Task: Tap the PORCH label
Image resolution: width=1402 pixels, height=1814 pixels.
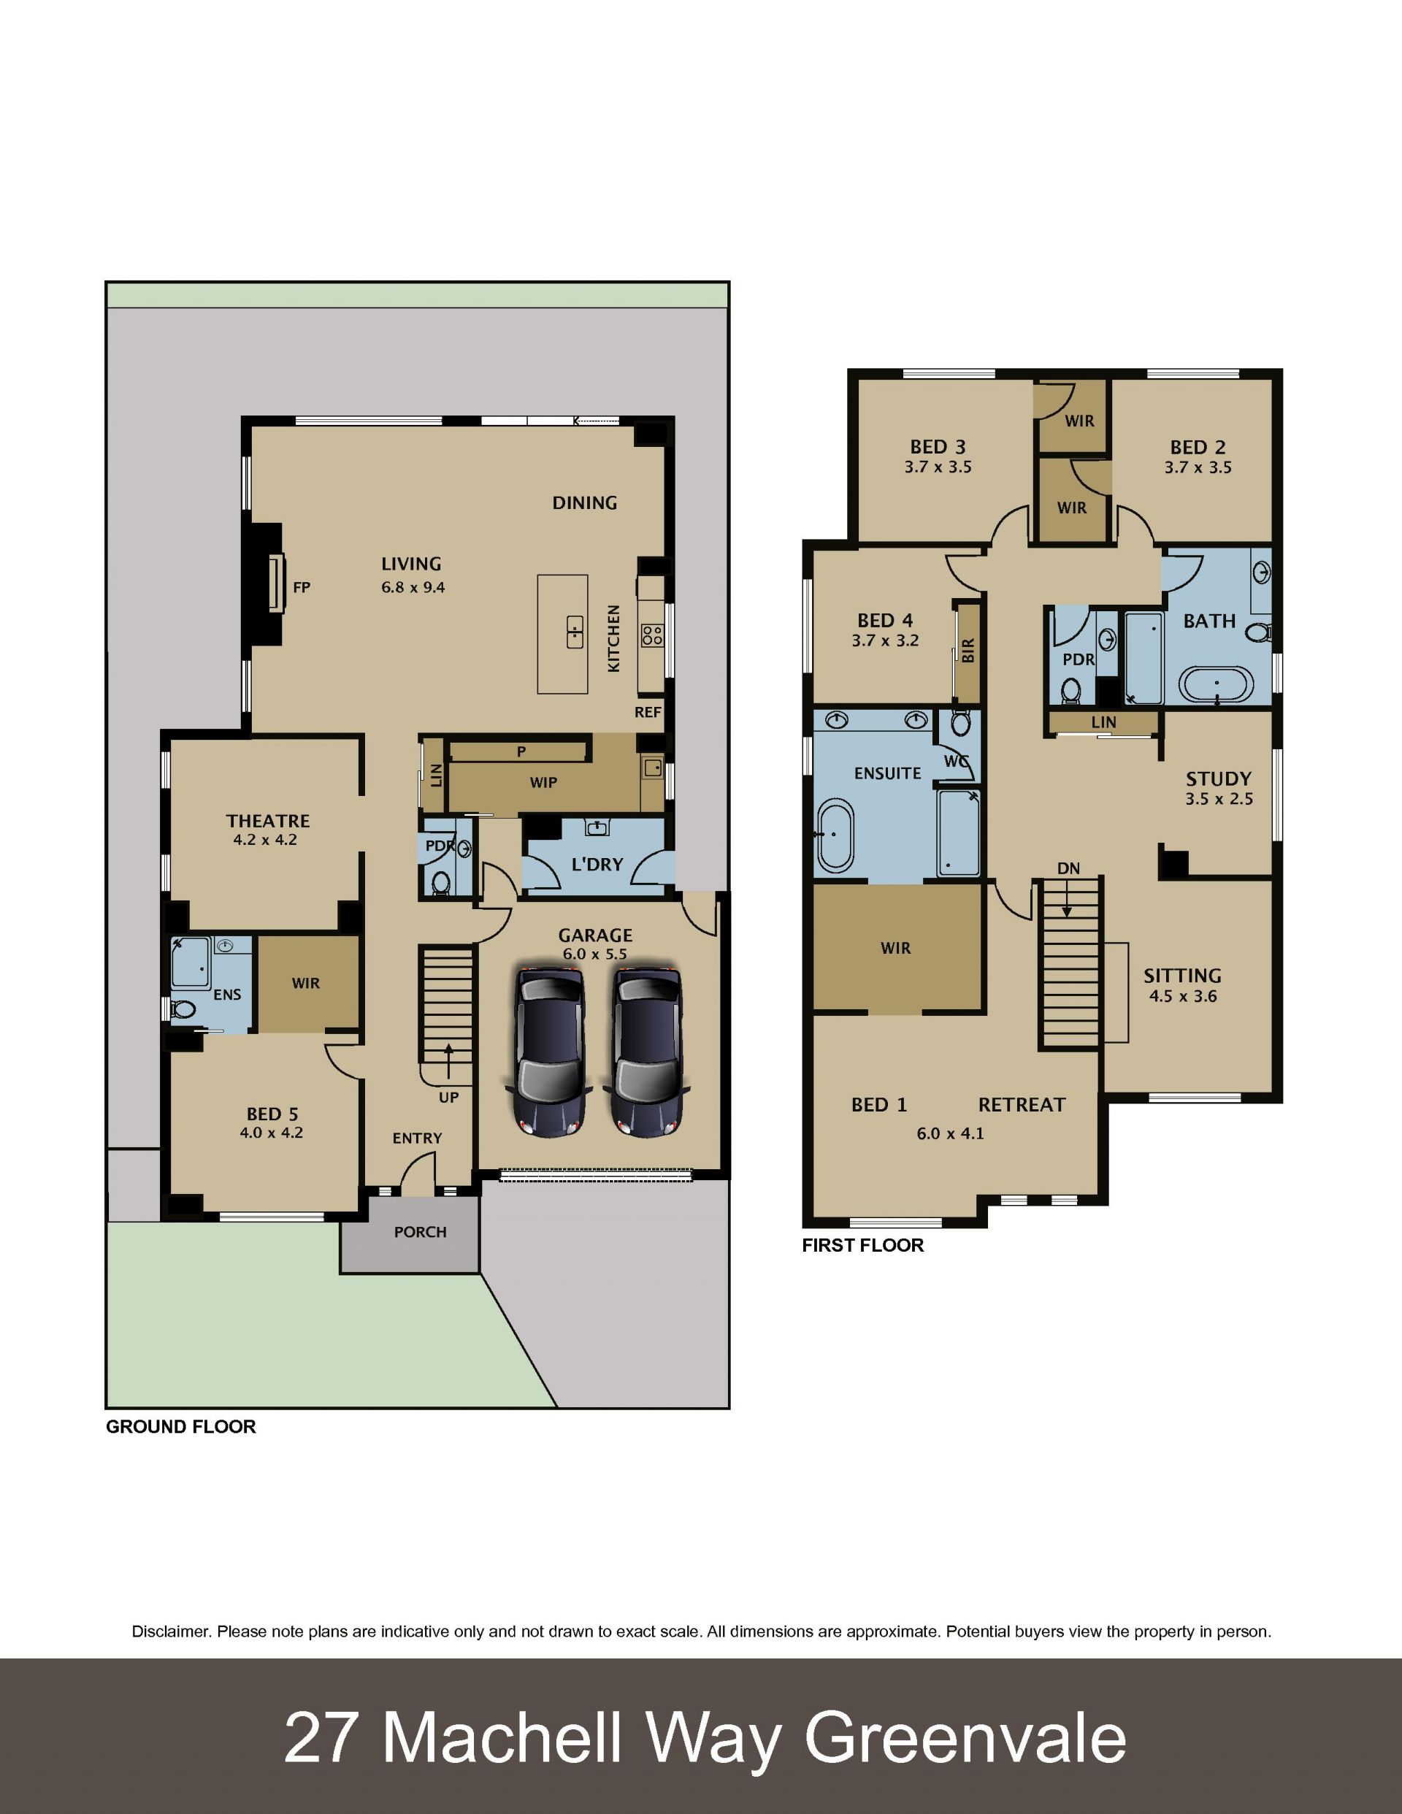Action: tap(421, 1232)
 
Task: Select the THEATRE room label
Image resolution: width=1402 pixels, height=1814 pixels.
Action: tap(267, 821)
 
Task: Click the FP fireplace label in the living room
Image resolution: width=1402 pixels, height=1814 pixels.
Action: tap(302, 587)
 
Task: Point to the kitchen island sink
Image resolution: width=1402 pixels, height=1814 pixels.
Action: tap(575, 632)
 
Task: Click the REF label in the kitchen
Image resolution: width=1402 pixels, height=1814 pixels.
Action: tap(648, 712)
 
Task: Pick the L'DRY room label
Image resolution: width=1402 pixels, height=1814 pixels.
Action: tap(597, 865)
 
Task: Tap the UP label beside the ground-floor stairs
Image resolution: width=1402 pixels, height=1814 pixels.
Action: tap(448, 1097)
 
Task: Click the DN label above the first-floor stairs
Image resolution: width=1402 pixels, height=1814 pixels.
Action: tap(1068, 868)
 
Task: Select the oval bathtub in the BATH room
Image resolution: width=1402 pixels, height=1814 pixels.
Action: tap(1217, 684)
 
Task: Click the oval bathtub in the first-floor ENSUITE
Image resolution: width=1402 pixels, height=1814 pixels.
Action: tap(835, 835)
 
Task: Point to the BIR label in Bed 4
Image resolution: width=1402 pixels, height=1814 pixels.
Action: tap(968, 651)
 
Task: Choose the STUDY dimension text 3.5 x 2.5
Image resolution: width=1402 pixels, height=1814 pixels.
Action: tap(1219, 799)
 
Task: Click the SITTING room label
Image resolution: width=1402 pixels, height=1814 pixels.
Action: tap(1182, 976)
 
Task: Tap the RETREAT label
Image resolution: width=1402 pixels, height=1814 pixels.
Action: tap(1022, 1105)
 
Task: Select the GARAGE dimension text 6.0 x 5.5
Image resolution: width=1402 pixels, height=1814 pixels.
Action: tap(594, 954)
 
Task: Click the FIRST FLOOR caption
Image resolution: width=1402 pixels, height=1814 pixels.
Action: tap(863, 1245)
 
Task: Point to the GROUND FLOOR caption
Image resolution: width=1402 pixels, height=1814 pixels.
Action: tap(181, 1426)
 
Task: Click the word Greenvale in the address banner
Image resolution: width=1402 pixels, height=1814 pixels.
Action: tap(965, 1737)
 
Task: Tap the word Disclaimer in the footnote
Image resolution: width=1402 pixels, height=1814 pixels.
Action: tap(171, 1631)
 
